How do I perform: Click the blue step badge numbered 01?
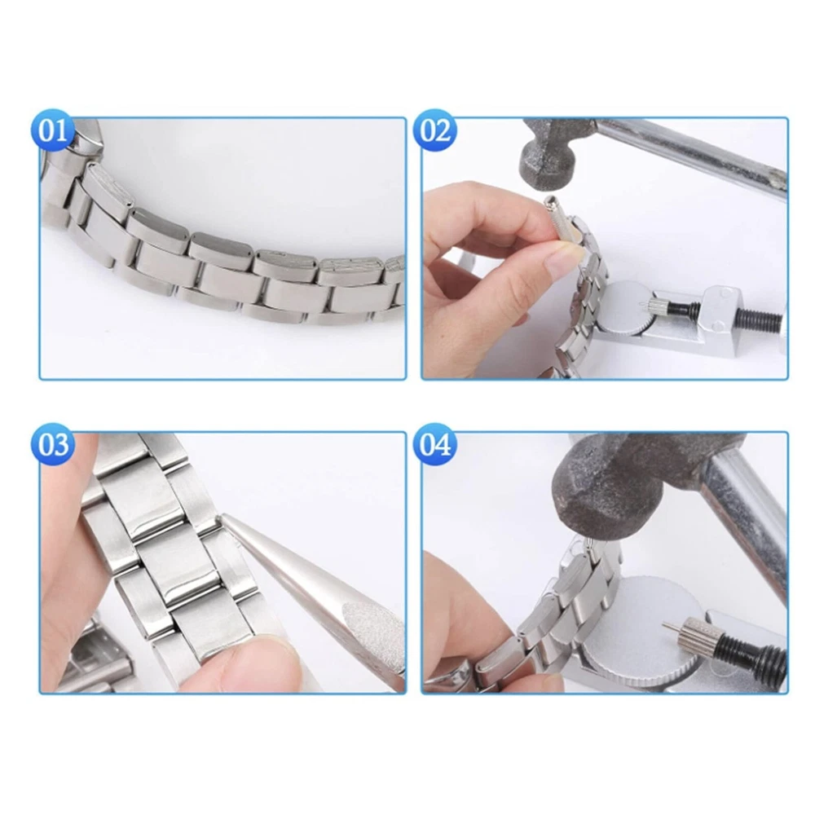(x=53, y=130)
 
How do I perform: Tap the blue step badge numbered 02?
(x=435, y=130)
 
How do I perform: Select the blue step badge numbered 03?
(x=53, y=445)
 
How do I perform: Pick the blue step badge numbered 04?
(x=435, y=445)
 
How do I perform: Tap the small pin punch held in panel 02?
(x=553, y=218)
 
